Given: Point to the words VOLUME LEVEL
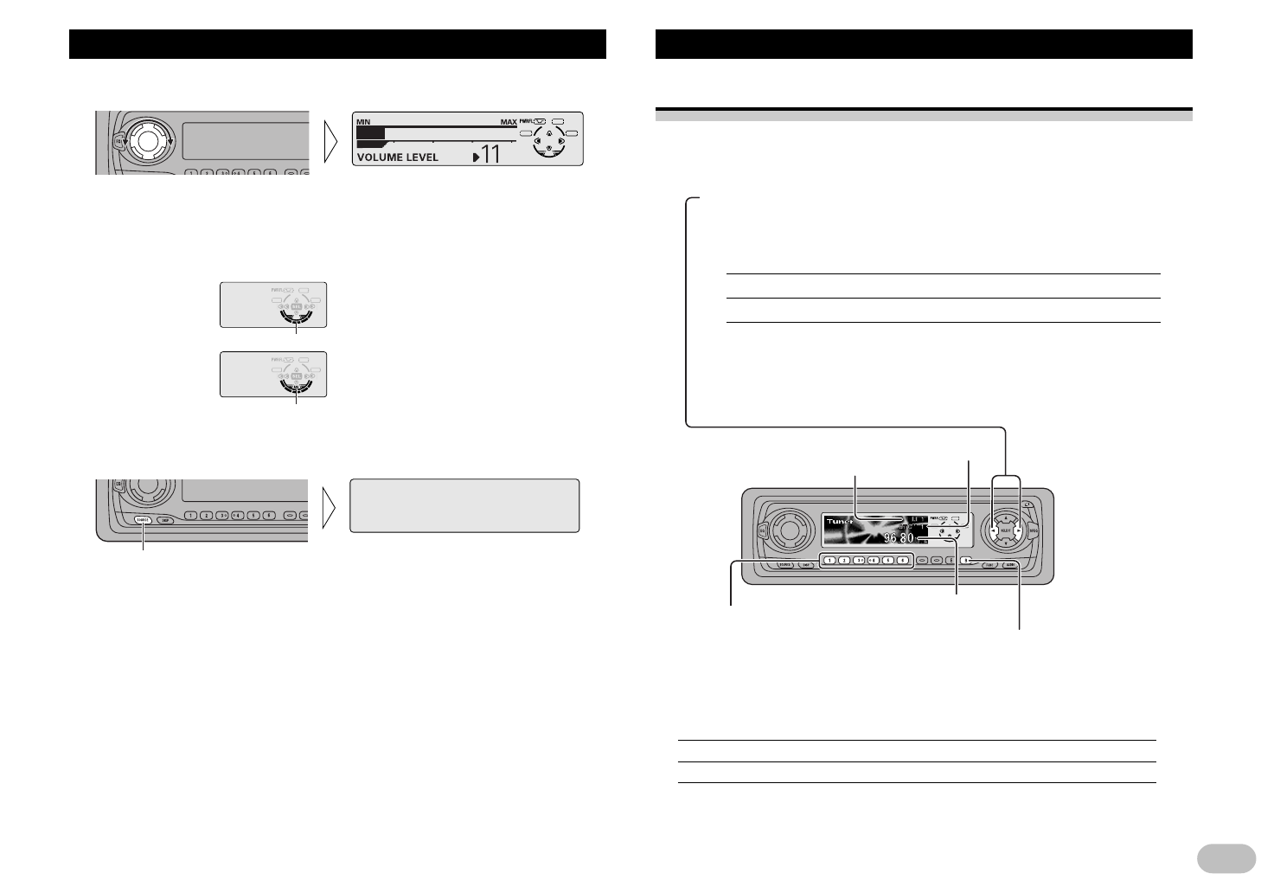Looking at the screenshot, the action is (x=397, y=157).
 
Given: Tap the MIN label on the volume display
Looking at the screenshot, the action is (x=362, y=122).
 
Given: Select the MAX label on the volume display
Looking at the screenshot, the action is (x=508, y=122).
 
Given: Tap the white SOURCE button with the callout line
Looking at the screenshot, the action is (x=143, y=520).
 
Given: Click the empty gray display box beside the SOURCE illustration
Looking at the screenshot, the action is (x=464, y=505).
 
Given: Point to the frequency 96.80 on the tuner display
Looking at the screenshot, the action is (x=899, y=538).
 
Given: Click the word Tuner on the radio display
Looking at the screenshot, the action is (x=838, y=522).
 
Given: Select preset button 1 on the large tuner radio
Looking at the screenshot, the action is (x=829, y=561).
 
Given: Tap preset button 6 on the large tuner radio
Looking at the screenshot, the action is (x=902, y=561).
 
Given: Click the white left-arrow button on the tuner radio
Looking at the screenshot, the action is (x=993, y=531).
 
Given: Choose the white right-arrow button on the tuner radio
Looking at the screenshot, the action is (x=1020, y=531).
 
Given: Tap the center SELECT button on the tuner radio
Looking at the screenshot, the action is (x=1006, y=531).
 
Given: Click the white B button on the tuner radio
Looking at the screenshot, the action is (x=967, y=561).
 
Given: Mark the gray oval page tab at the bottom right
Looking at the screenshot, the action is (x=1226, y=858).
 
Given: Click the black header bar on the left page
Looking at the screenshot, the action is (x=337, y=44).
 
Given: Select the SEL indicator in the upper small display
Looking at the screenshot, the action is (x=296, y=306).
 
